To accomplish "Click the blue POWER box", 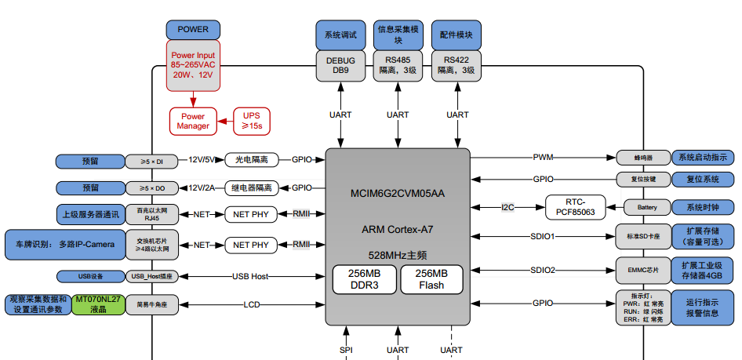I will pos(193,29).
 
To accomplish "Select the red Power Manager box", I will pos(193,120).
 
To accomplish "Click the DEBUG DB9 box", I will pos(340,65).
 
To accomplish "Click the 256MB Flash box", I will pos(431,279).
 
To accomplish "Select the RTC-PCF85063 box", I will pos(576,207).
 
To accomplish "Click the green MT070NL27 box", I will pos(98,304).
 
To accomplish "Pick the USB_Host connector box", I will pos(151,276).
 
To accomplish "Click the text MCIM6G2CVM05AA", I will pos(398,193).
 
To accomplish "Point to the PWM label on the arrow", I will pos(543,158).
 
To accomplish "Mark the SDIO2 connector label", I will pos(543,270).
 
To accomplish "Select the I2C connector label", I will pos(508,208).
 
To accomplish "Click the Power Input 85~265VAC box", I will pos(193,65).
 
